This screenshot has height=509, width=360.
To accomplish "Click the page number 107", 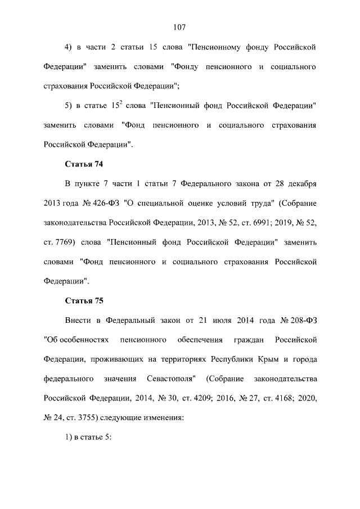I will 179,27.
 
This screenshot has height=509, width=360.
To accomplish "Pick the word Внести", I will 78,320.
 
